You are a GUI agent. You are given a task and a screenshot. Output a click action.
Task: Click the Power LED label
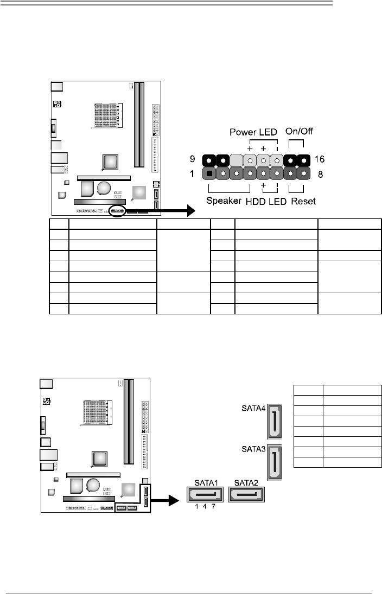point(253,132)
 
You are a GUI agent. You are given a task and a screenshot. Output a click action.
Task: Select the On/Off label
point(300,131)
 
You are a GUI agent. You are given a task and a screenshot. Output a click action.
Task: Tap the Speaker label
point(224,201)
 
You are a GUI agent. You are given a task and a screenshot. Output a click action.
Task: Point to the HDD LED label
point(266,201)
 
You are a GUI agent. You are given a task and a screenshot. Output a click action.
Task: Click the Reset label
point(303,201)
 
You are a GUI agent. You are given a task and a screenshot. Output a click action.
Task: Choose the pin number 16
point(320,159)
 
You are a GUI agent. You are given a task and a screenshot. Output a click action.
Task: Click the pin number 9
point(192,159)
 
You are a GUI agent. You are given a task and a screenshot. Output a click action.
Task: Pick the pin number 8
point(321,175)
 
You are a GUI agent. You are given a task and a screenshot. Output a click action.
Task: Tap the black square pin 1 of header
point(209,174)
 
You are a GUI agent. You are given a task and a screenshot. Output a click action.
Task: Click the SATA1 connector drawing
point(205,494)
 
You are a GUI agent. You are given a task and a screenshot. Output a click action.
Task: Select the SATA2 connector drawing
point(246,494)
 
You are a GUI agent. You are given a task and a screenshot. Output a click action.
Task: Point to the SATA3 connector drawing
point(275,462)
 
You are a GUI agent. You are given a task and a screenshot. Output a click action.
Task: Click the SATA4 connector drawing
point(275,421)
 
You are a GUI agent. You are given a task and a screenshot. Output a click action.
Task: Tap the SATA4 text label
point(253,409)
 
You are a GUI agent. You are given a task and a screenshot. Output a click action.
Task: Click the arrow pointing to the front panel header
point(160,210)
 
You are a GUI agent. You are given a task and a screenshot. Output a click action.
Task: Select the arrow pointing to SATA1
point(164,500)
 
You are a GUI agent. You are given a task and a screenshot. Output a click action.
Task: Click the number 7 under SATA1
point(214,507)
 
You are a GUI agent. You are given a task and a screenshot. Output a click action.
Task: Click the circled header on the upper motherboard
point(117,210)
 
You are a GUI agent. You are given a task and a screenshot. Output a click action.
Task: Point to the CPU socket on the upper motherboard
point(106,115)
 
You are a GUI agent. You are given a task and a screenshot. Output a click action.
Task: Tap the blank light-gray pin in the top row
point(236,160)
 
